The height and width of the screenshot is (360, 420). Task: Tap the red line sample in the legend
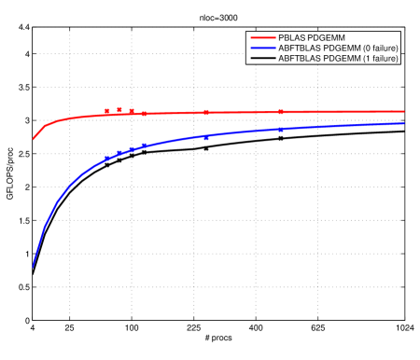point(261,37)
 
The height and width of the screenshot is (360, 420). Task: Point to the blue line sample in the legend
point(261,48)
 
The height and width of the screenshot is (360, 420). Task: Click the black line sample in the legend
point(261,58)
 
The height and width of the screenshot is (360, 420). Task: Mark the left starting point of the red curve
point(34,138)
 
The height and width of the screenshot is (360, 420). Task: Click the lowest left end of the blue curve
point(34,267)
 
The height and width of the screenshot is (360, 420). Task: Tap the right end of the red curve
point(404,111)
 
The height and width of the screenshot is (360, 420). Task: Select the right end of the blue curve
point(404,123)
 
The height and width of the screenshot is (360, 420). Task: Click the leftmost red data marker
point(106,111)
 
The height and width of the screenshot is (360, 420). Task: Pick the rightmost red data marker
point(281,112)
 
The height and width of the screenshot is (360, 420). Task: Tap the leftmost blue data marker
point(106,159)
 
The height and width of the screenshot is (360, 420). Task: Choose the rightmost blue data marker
point(281,129)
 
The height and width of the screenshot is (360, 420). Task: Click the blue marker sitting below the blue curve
point(206,138)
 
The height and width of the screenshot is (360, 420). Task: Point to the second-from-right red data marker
point(206,112)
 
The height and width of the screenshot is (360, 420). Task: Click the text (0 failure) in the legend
point(377,48)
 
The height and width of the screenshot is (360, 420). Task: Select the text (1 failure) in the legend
point(377,58)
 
